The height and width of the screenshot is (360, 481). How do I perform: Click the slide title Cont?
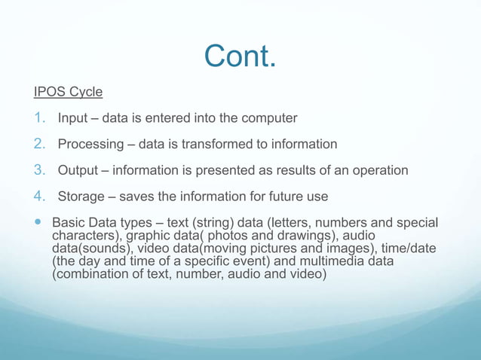click(240, 55)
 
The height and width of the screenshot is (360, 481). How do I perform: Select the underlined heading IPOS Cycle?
click(68, 93)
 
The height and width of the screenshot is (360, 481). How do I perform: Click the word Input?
click(72, 119)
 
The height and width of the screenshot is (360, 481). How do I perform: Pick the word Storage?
click(82, 197)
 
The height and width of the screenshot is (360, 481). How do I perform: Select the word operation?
click(379, 171)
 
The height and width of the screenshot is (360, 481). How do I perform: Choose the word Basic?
click(68, 224)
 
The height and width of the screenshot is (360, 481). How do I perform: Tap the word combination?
click(90, 274)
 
